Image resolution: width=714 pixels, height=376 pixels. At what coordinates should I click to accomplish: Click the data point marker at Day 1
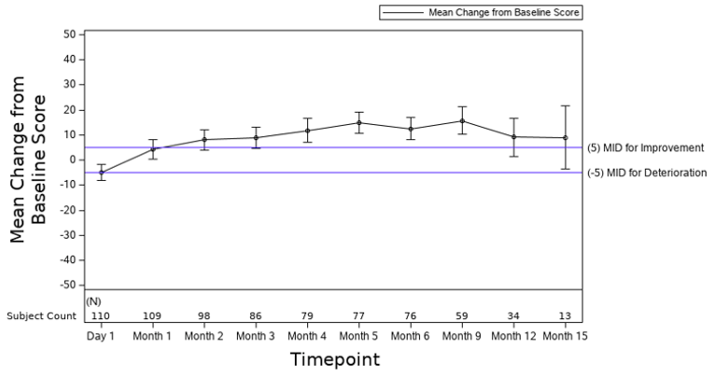coord(101,173)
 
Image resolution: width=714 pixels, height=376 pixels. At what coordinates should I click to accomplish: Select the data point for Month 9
coord(462,120)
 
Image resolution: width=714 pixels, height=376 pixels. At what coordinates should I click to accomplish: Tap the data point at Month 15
coord(565,138)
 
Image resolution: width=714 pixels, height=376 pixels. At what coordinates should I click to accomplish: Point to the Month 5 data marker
coord(358,122)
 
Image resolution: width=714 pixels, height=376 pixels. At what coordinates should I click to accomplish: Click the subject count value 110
coord(100,315)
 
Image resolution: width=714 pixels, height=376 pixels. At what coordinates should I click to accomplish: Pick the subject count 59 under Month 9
coord(462,315)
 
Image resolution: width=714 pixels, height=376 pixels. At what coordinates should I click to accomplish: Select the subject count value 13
coord(565,315)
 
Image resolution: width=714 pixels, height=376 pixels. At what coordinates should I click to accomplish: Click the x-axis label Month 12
coord(513,335)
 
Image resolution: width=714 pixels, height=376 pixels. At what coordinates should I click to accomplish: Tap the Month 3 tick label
coord(255,335)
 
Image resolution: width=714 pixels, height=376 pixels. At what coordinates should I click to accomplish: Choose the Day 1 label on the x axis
coord(100,335)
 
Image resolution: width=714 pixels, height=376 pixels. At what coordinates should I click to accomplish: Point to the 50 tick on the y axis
coord(68,35)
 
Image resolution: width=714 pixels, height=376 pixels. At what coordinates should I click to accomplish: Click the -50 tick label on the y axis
coord(65,285)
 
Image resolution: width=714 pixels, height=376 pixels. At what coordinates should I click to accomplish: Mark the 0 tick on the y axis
coord(72,160)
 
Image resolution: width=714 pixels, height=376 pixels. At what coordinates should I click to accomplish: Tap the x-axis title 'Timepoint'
coord(334,359)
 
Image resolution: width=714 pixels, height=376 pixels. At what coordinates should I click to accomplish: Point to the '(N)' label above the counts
coord(93,301)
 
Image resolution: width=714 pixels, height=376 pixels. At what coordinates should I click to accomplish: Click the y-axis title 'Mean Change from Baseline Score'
coord(29,159)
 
